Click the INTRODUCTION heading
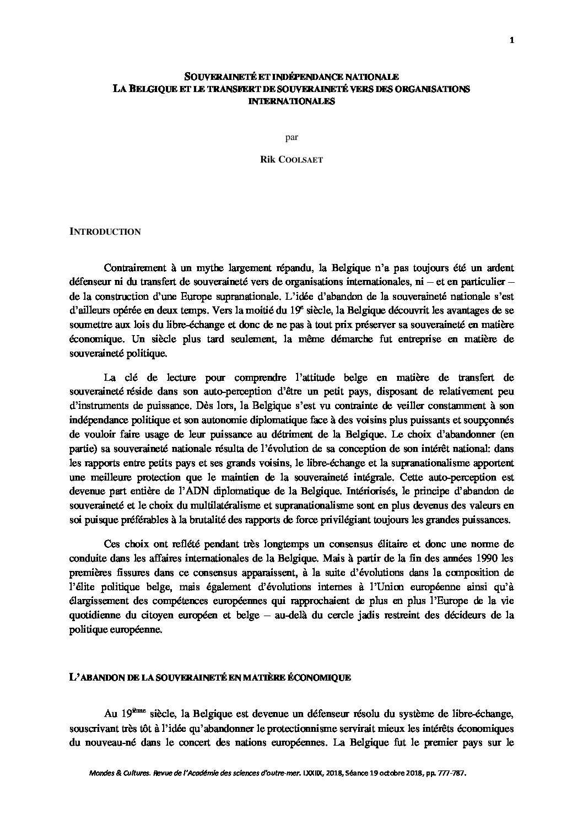pos(105,232)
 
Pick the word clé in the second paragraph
pos(128,378)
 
